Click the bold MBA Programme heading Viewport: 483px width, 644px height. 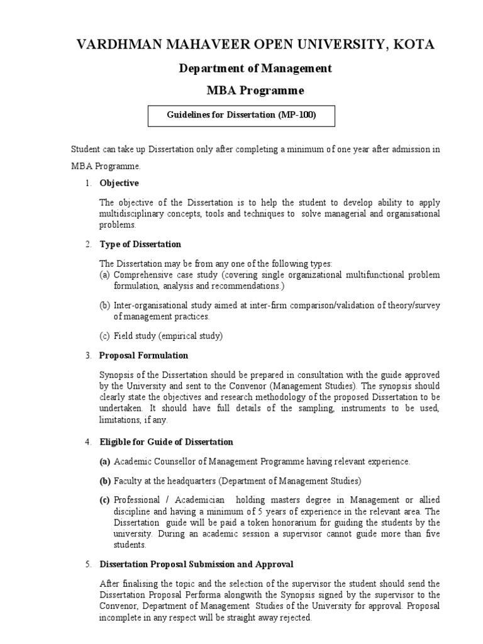coord(255,91)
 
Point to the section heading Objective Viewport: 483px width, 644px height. coord(119,183)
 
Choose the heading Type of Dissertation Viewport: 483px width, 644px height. coord(140,244)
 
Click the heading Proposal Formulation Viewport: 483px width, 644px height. coord(143,355)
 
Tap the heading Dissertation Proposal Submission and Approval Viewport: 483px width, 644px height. coord(196,564)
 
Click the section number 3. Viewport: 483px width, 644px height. coord(88,355)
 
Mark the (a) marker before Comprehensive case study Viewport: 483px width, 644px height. coord(104,275)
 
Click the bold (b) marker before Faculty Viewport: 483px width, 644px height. coord(104,481)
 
